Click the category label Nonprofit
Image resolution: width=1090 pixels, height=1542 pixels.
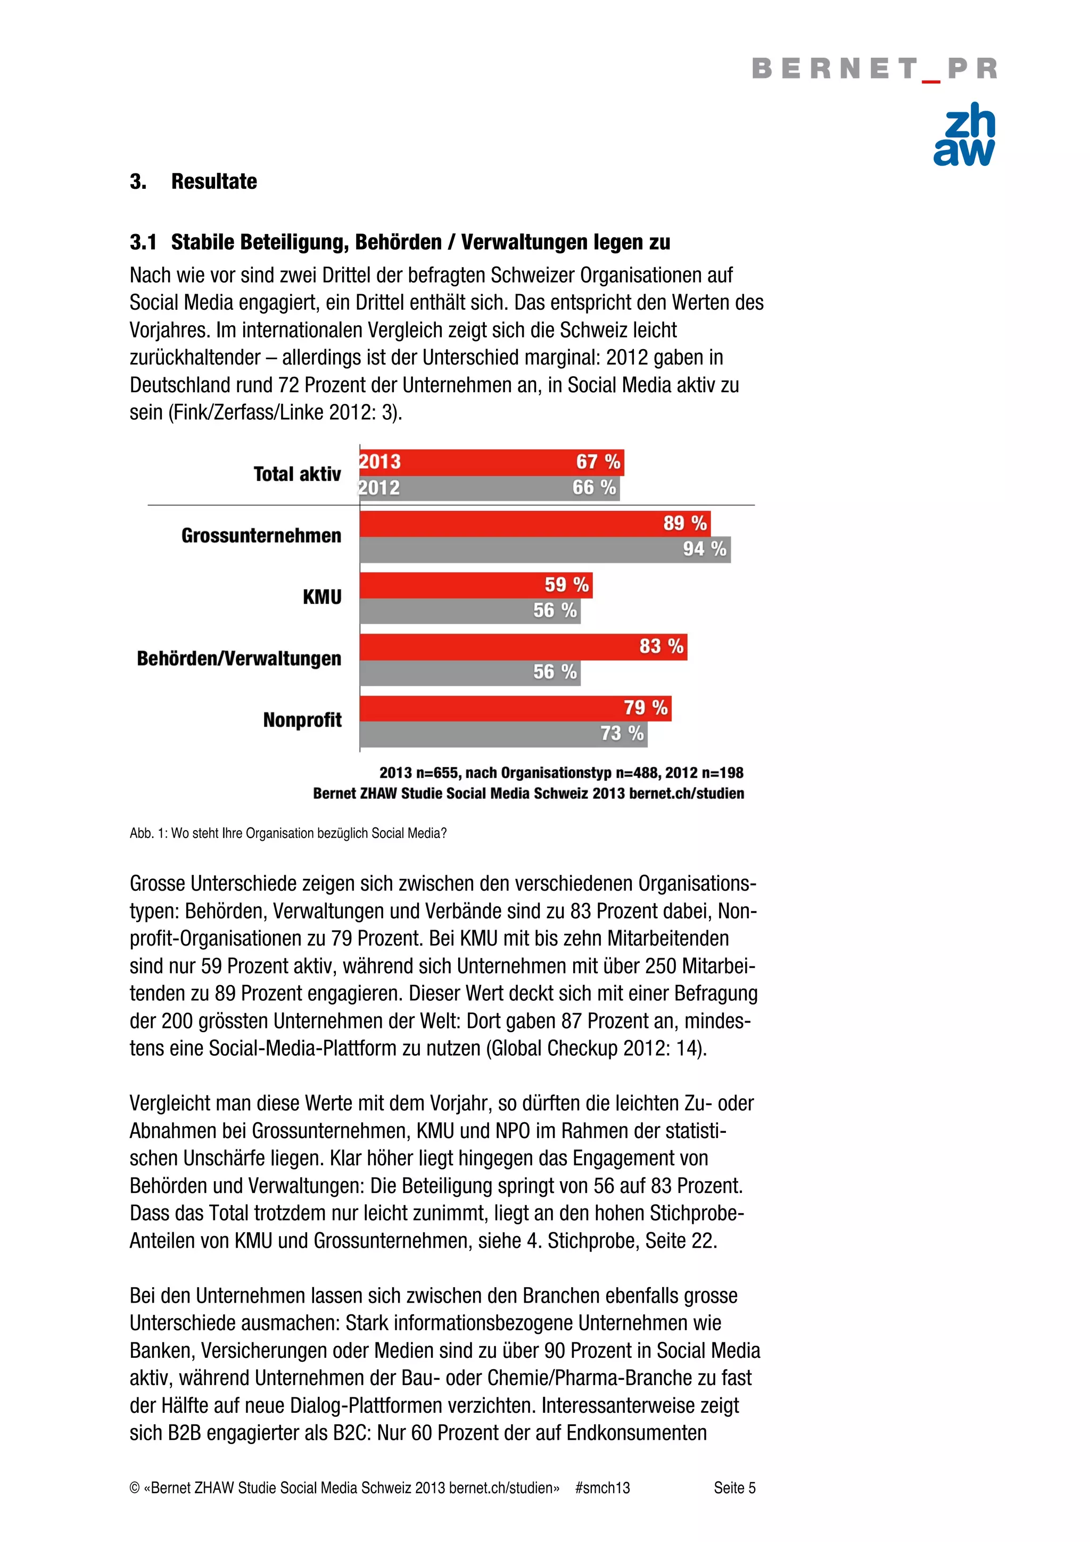(x=302, y=720)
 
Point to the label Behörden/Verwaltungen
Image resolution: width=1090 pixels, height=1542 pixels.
(x=238, y=658)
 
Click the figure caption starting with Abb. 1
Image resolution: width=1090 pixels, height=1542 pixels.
(x=287, y=833)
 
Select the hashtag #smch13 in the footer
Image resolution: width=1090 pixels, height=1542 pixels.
(x=602, y=1488)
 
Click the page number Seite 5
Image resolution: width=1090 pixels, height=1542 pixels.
(x=734, y=1488)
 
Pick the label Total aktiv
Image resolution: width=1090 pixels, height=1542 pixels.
(x=297, y=474)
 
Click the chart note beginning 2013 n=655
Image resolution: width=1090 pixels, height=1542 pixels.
(x=561, y=773)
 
